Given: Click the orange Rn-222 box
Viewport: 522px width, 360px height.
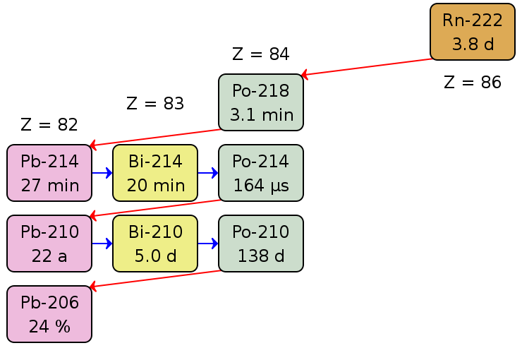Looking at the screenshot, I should pyautogui.click(x=473, y=32).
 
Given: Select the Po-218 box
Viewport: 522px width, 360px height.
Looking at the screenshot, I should pyautogui.click(x=261, y=102).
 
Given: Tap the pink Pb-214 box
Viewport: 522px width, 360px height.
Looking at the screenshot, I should pyautogui.click(x=49, y=173).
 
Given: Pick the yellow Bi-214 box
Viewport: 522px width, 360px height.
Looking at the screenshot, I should pyautogui.click(x=155, y=173).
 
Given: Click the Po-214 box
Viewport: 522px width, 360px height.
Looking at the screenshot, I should pyautogui.click(x=261, y=173).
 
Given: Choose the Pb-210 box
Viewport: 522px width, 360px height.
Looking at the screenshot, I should pyautogui.click(x=49, y=244).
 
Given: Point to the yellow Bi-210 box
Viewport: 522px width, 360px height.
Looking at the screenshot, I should pyautogui.click(x=155, y=244).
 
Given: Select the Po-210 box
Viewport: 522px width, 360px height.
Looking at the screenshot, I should pyautogui.click(x=261, y=244).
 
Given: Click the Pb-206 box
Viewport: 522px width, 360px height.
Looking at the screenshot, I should pyautogui.click(x=49, y=314).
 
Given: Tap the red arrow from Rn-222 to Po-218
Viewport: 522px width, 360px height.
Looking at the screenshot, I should pyautogui.click(x=367, y=67).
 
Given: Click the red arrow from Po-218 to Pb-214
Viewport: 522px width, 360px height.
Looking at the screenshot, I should pyautogui.click(x=155, y=138).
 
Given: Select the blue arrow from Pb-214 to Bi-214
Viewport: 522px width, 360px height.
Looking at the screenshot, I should pyautogui.click(x=102, y=173).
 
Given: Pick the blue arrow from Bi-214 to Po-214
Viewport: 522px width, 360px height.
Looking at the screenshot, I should pyautogui.click(x=208, y=173).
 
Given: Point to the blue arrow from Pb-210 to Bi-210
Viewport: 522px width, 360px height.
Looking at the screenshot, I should pyautogui.click(x=102, y=244).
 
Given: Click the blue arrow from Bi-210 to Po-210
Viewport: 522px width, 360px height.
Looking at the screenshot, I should pyautogui.click(x=208, y=244).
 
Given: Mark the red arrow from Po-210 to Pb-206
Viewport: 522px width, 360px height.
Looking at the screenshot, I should pyautogui.click(x=155, y=279).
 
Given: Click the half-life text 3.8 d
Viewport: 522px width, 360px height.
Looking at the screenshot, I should pyautogui.click(x=473, y=44).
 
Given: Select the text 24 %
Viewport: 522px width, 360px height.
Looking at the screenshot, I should pyautogui.click(x=49, y=327).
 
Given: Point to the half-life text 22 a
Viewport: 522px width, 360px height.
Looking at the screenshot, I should pyautogui.click(x=49, y=256).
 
